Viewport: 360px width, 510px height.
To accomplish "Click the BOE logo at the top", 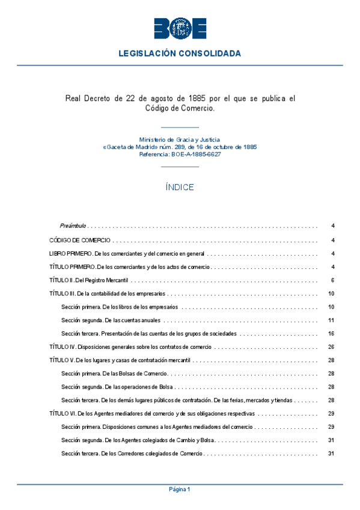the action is click(180, 28).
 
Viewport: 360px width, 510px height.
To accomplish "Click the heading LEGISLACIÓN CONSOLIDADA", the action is click(180, 54).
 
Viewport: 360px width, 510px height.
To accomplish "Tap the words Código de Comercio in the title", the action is click(180, 108).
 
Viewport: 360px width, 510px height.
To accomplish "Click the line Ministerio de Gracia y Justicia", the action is click(180, 139).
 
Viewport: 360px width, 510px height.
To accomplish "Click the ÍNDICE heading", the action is click(180, 187).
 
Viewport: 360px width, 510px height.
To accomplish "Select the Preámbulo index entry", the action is click(73, 226).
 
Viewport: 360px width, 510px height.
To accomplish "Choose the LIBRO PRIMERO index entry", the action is click(127, 253).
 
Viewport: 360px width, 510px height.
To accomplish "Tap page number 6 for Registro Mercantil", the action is click(332, 280).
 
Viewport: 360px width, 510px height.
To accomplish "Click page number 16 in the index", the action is click(331, 333).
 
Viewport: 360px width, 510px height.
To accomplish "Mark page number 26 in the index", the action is click(331, 347).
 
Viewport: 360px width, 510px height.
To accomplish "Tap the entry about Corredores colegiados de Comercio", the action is click(132, 453).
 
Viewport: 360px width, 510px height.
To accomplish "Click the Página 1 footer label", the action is click(180, 490).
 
